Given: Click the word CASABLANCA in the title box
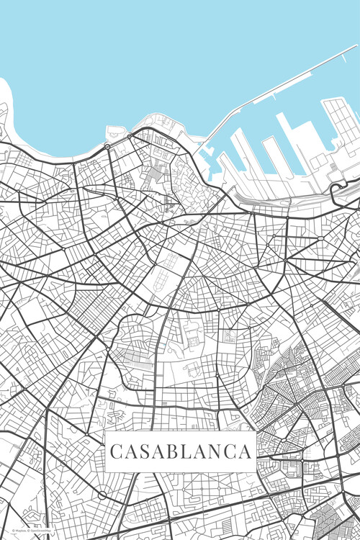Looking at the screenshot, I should (180, 452).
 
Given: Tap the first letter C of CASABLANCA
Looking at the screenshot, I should (116, 452).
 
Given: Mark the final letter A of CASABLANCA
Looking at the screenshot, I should (245, 452).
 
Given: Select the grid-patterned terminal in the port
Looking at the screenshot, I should (340, 119).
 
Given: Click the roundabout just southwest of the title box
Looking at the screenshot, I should (102, 495).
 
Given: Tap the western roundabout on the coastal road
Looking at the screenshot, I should (107, 146).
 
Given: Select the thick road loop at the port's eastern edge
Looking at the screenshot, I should (337, 189).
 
